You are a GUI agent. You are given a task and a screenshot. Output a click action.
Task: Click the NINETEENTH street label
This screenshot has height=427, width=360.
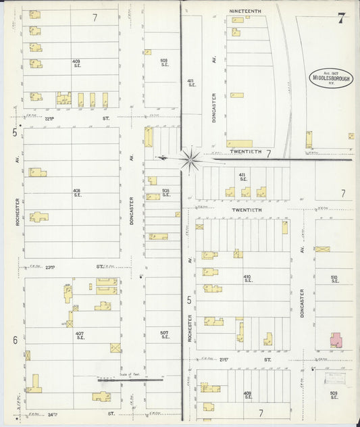click(x=245, y=11)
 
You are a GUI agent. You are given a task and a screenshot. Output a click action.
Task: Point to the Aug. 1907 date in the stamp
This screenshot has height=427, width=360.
click(x=332, y=72)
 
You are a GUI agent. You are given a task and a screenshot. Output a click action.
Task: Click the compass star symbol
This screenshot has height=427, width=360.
click(x=189, y=159)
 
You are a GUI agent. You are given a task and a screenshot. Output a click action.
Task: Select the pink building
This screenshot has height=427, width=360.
click(x=336, y=339)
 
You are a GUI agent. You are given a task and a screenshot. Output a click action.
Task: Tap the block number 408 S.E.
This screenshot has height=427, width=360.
click(x=76, y=193)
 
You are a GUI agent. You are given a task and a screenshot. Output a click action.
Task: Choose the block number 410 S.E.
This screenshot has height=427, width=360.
click(x=247, y=279)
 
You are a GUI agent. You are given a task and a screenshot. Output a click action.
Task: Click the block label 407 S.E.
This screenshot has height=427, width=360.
click(x=80, y=335)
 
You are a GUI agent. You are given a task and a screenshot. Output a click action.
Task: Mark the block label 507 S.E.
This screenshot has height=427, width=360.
click(x=163, y=334)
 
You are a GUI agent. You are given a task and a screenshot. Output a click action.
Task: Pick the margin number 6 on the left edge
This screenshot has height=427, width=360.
click(x=14, y=340)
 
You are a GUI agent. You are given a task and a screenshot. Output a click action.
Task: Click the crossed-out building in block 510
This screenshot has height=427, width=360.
click(x=322, y=249)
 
